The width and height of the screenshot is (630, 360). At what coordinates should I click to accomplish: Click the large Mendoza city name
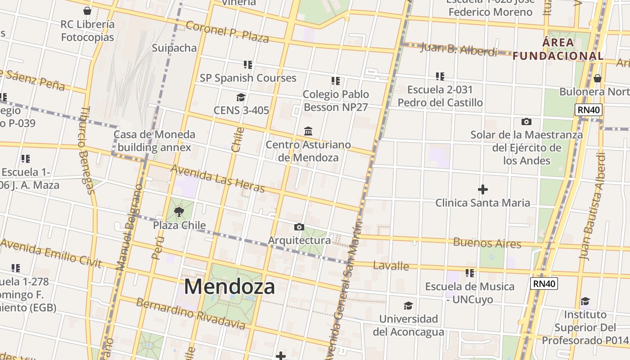(x=229, y=287)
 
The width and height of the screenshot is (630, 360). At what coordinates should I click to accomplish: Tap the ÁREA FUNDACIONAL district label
(x=558, y=49)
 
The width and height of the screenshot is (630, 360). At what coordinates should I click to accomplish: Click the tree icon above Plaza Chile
(x=179, y=212)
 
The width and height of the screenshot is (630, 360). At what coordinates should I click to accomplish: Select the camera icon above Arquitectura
(x=299, y=227)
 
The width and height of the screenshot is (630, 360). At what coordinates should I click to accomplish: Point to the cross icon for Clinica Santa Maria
(x=482, y=189)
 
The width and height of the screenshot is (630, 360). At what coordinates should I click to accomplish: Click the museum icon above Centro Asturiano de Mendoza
(x=308, y=131)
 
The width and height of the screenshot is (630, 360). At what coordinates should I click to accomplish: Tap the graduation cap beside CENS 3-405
(x=241, y=98)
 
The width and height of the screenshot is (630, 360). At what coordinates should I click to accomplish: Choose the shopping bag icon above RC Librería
(x=87, y=11)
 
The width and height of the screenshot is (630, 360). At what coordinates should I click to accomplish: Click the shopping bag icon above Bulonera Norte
(x=597, y=79)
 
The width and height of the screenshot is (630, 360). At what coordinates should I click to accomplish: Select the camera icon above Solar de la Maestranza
(x=526, y=121)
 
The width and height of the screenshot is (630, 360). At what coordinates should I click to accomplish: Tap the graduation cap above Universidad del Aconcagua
(x=408, y=306)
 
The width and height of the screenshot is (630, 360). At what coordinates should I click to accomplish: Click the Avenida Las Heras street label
(x=217, y=178)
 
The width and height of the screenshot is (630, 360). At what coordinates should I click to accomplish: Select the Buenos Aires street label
(x=487, y=243)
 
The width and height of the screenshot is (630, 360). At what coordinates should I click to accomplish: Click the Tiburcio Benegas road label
(x=87, y=150)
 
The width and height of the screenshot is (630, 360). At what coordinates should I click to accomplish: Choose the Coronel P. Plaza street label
(x=227, y=32)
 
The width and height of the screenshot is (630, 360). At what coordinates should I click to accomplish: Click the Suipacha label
(x=174, y=48)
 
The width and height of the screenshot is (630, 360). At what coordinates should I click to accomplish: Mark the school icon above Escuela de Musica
(x=470, y=273)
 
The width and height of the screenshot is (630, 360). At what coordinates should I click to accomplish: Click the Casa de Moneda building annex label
(x=154, y=141)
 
